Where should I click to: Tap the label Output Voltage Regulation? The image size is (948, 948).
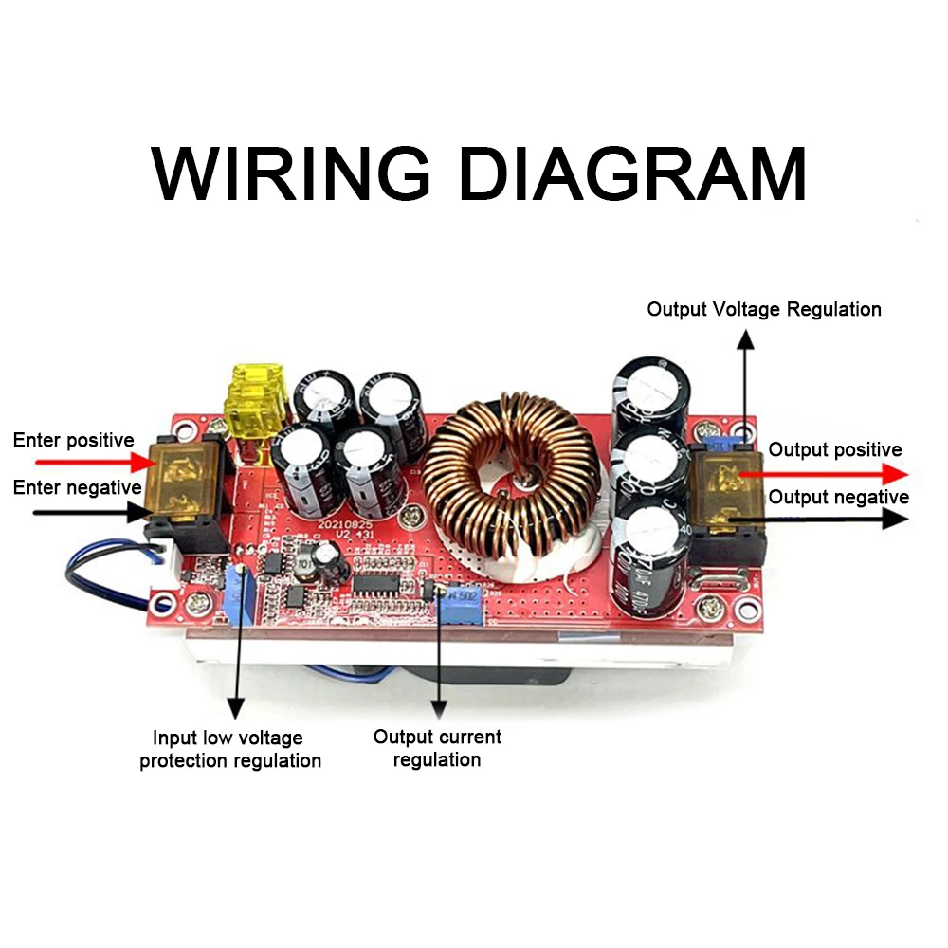pyautogui.click(x=763, y=309)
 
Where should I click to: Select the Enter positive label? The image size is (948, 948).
pyautogui.click(x=73, y=441)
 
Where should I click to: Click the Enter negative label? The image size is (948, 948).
pyautogui.click(x=77, y=487)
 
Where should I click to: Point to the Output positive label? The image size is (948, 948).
pyautogui.click(x=834, y=449)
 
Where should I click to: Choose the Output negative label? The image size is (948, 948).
pyautogui.click(x=838, y=497)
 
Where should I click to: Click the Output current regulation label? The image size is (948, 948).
pyautogui.click(x=437, y=748)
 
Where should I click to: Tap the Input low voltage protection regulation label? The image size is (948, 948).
pyautogui.click(x=229, y=749)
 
